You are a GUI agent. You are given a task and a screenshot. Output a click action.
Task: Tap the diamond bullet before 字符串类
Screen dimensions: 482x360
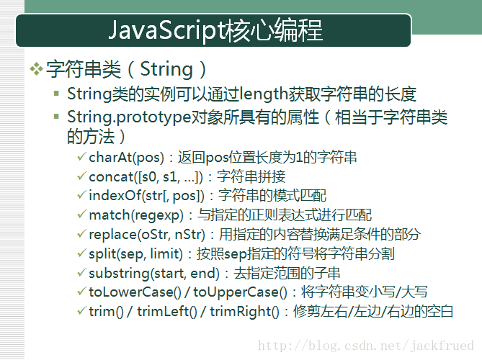coord(36,69)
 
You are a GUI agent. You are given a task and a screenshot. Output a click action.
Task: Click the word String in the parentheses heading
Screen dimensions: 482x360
coord(166,69)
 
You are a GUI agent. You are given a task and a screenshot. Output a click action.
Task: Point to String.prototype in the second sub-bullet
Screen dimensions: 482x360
coord(129,117)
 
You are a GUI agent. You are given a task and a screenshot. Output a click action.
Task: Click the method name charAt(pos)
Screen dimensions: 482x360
coord(126,158)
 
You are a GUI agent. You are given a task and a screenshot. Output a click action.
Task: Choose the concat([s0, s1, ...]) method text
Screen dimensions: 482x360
coord(146,177)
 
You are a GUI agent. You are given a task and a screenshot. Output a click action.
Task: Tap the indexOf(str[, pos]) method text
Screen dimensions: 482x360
coord(146,196)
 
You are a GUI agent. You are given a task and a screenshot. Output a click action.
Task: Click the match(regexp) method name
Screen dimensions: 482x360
coord(136,215)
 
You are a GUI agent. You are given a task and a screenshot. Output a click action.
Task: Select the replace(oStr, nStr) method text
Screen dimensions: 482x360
coord(147,235)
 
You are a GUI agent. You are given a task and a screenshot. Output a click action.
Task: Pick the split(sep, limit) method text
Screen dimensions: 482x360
coord(135,254)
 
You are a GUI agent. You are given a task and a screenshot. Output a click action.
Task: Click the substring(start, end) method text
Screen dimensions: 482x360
coord(154,274)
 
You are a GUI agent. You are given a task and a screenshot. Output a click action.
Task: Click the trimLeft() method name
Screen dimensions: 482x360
coord(167,312)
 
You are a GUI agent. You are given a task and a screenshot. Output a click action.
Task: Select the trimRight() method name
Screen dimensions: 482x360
coord(244,312)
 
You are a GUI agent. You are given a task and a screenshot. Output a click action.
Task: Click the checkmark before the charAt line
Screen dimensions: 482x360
coord(81,157)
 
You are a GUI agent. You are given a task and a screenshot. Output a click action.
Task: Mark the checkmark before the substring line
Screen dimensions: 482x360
coord(81,272)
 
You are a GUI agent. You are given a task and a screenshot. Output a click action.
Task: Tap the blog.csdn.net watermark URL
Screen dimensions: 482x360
coord(366,346)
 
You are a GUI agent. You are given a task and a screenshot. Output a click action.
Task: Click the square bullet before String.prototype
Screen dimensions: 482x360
coord(56,117)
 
